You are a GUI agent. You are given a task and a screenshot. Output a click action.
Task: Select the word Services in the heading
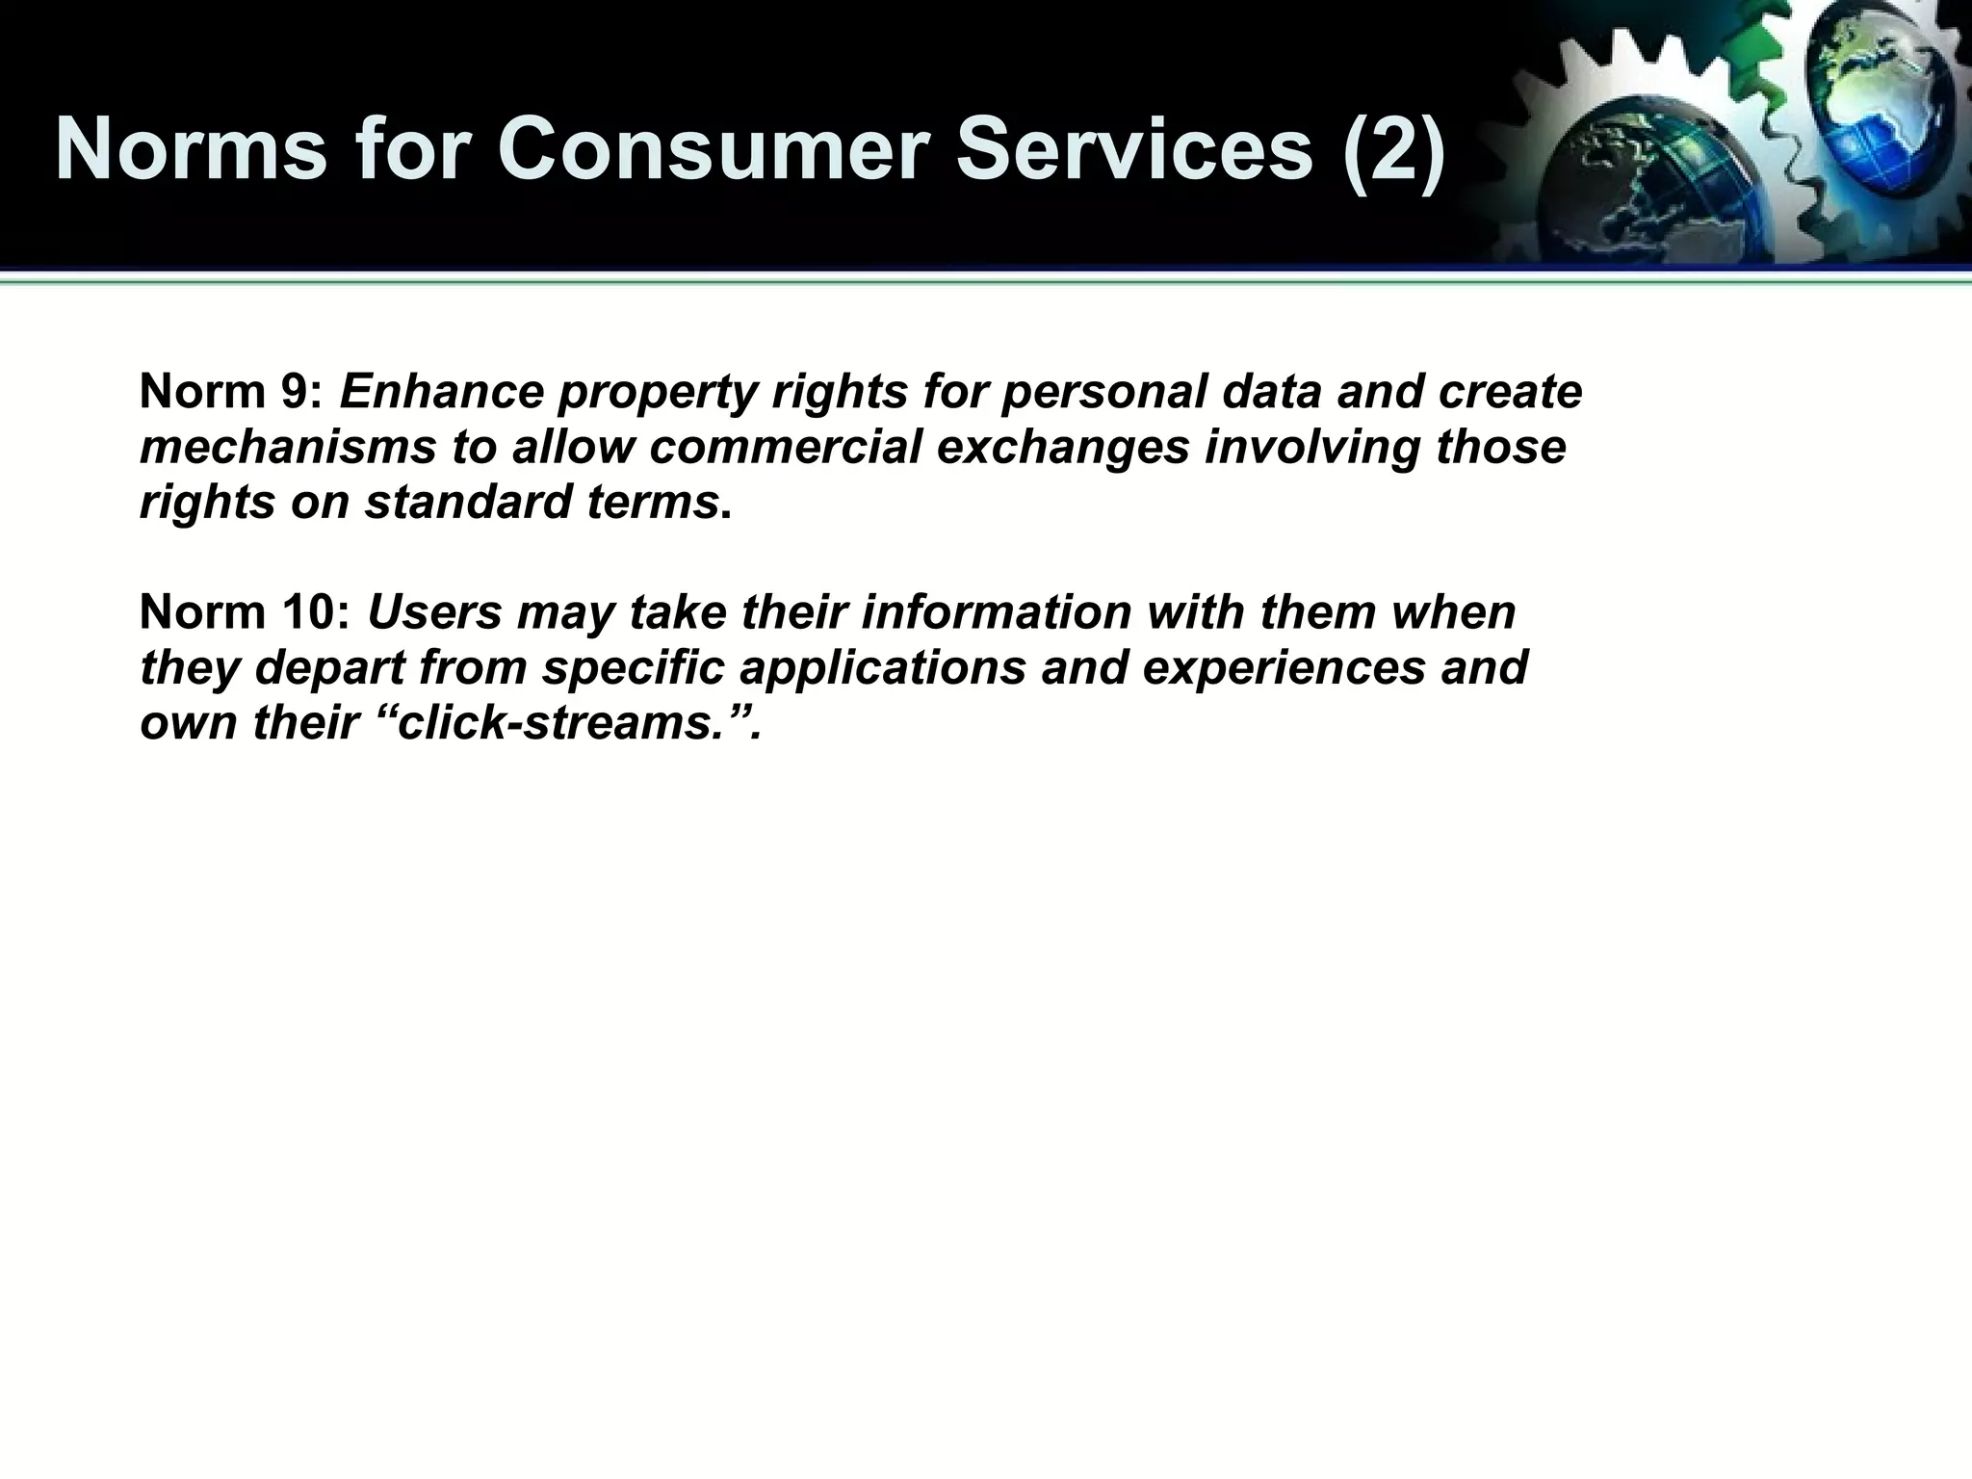coord(1134,149)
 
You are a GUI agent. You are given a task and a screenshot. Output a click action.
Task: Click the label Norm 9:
coord(232,393)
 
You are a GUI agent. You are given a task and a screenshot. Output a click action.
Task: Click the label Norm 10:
coord(246,612)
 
